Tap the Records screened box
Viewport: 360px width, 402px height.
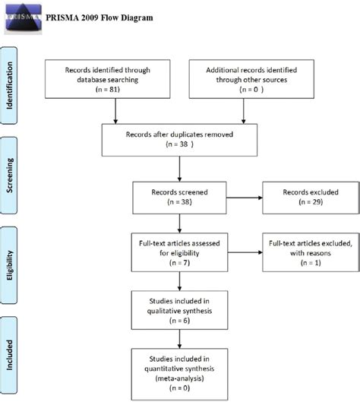click(180, 198)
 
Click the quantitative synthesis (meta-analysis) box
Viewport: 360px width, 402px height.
click(180, 370)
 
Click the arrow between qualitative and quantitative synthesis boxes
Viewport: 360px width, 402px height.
click(180, 337)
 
